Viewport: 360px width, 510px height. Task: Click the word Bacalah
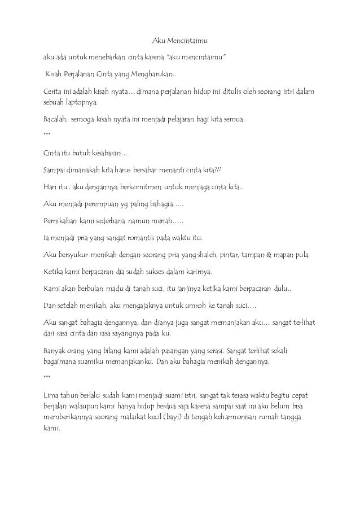coord(55,120)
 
